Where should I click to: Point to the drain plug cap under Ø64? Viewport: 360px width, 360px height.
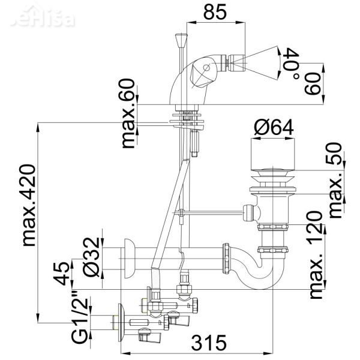pos(274,156)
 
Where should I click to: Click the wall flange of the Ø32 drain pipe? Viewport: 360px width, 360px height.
pos(127,258)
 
